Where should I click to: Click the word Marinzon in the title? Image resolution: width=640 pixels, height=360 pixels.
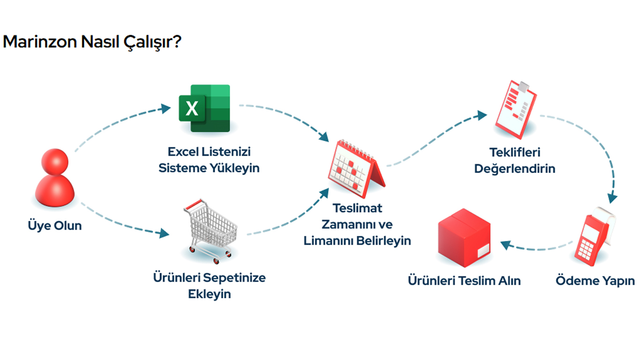click(40, 42)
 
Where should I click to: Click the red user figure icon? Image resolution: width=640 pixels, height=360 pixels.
click(55, 178)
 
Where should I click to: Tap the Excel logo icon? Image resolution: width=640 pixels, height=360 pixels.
click(205, 108)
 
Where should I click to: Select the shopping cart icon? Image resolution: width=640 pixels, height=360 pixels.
click(211, 231)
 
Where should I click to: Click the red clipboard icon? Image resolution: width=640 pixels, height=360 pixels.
click(516, 110)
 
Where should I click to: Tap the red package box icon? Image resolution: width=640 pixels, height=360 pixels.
click(464, 238)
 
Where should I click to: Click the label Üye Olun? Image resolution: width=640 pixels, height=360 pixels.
click(55, 225)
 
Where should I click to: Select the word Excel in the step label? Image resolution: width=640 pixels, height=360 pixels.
click(183, 152)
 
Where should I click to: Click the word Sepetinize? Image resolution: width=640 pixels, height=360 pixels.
click(234, 278)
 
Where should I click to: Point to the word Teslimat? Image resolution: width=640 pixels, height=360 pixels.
click(357, 208)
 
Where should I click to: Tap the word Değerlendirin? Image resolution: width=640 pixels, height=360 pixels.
click(515, 169)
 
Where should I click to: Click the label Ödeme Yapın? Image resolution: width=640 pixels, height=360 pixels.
click(595, 280)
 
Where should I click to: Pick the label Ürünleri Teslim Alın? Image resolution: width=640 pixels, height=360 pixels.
click(464, 281)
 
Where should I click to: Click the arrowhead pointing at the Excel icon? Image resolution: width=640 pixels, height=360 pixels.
click(165, 109)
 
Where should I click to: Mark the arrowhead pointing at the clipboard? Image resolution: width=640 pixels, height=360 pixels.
click(482, 115)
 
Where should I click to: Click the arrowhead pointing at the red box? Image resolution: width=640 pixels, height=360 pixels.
click(506, 245)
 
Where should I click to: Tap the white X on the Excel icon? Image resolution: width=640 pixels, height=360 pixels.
click(192, 109)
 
